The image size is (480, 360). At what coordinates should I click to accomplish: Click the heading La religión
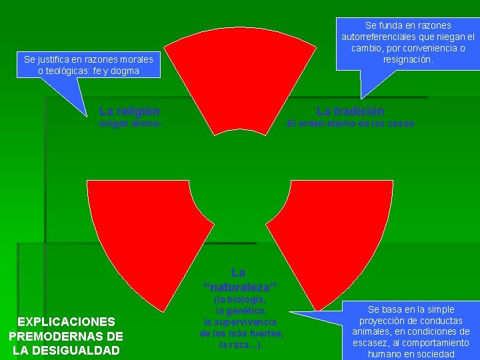point(129,111)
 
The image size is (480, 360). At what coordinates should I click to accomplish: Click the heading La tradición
point(350,111)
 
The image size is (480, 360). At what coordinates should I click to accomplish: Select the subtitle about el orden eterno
point(351,124)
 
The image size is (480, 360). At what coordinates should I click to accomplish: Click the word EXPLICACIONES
point(67,321)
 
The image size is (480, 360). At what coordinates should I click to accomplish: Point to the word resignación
point(408,59)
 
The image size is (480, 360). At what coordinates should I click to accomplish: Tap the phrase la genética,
point(241,311)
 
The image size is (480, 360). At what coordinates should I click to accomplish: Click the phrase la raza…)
point(241,345)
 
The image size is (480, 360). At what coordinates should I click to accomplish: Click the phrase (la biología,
point(241,299)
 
